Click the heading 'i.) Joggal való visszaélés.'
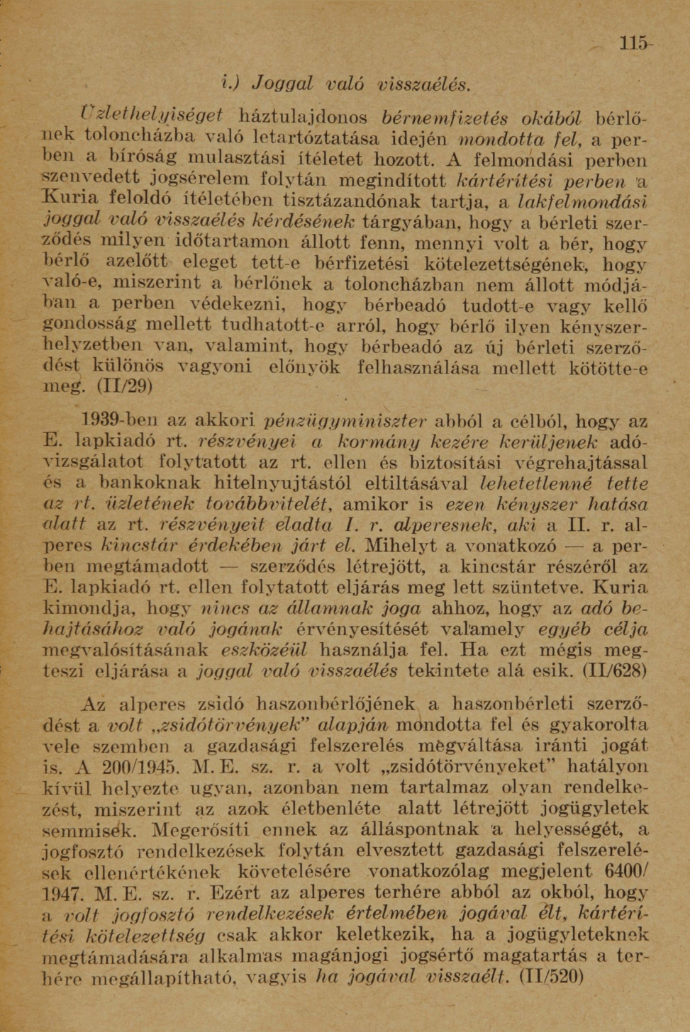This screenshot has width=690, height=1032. tap(345, 83)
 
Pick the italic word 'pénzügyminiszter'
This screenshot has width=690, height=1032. tap(344, 422)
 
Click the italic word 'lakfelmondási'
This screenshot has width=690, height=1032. tap(583, 201)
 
